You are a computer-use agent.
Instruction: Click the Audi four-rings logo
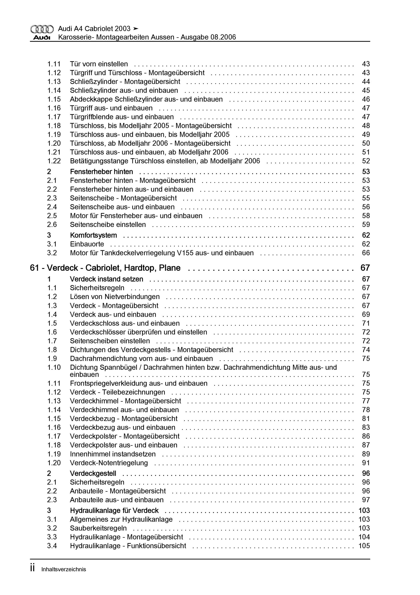[x=42, y=29]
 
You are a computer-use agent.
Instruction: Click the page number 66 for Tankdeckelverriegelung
[x=366, y=253]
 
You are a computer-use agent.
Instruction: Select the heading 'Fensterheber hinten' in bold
[x=101, y=172]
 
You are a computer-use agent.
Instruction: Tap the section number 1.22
[x=54, y=161]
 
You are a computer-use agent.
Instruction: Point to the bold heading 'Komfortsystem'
[x=93, y=235]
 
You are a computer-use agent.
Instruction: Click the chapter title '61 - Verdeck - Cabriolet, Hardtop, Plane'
[x=105, y=268]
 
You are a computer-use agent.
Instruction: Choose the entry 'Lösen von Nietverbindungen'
[x=115, y=297]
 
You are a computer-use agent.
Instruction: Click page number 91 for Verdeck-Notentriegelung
[x=366, y=463]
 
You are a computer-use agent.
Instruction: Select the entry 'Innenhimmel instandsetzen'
[x=113, y=454]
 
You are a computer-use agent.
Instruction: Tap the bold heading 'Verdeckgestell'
[x=93, y=473]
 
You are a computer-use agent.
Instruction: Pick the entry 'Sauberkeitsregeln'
[x=98, y=528]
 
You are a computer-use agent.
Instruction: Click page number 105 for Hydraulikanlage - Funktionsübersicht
[x=364, y=546]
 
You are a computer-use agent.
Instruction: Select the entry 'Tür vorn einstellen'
[x=99, y=64]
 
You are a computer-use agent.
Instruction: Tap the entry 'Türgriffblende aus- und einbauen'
[x=122, y=117]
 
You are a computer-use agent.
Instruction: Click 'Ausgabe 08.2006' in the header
[x=208, y=37]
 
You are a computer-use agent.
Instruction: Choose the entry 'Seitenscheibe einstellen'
[x=108, y=224]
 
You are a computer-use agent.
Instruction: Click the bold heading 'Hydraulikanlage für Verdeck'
[x=114, y=510]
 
